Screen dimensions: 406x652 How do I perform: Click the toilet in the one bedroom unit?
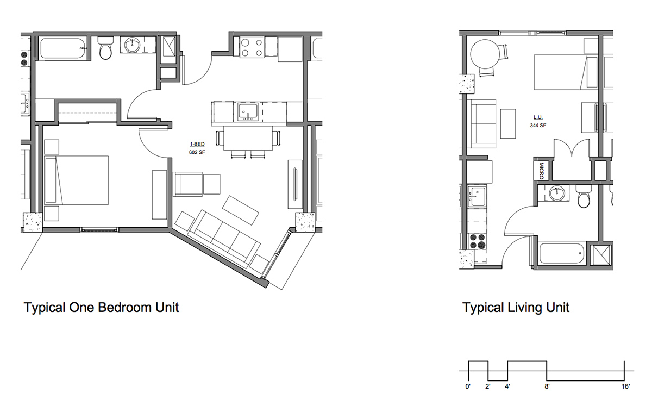105,49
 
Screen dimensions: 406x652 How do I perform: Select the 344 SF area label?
538,126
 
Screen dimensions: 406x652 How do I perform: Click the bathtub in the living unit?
563,254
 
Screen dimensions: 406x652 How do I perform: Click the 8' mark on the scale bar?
547,386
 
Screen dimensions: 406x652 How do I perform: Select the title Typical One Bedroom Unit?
101,308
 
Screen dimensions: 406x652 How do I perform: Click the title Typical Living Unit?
516,308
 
